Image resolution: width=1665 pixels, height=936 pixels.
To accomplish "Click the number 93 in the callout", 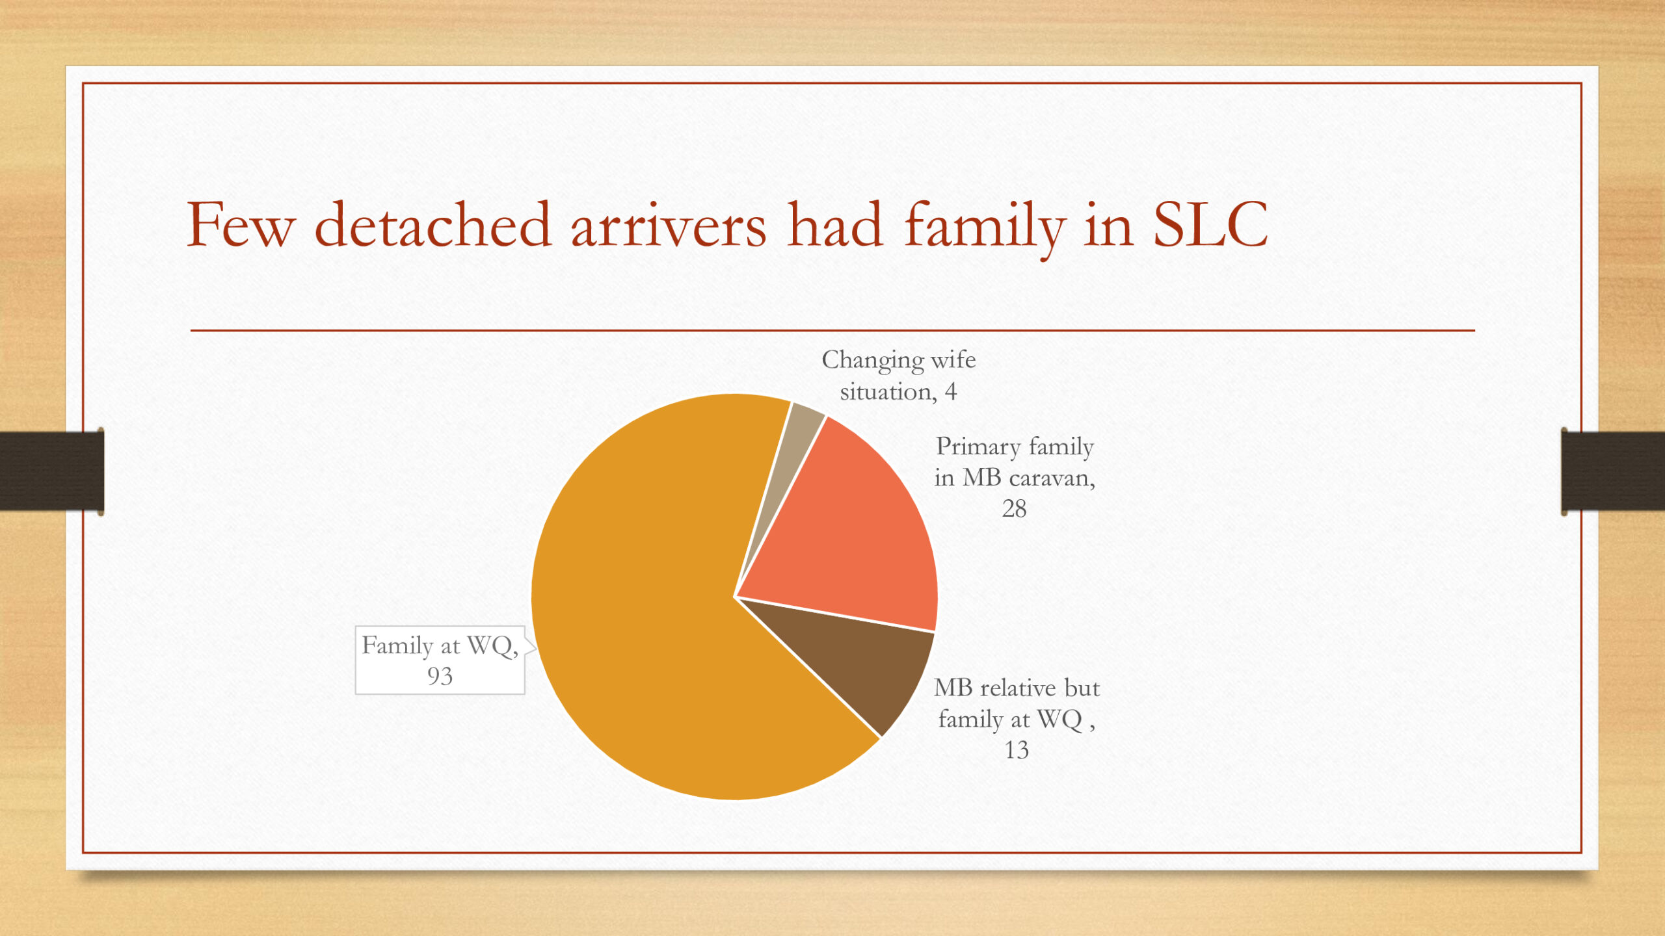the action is click(x=440, y=677).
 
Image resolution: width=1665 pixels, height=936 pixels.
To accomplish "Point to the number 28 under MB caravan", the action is click(x=1014, y=509).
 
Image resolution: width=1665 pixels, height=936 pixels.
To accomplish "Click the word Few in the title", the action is click(x=241, y=225).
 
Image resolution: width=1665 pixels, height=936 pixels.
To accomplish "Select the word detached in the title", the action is click(x=433, y=225).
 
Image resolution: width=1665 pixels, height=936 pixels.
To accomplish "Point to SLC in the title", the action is click(x=1210, y=225).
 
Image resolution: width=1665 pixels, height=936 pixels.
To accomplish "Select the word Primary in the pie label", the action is click(x=978, y=447).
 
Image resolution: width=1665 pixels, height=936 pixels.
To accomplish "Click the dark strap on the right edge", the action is click(x=1613, y=471).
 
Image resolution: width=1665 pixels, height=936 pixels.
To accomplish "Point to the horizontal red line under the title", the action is click(x=832, y=330).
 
